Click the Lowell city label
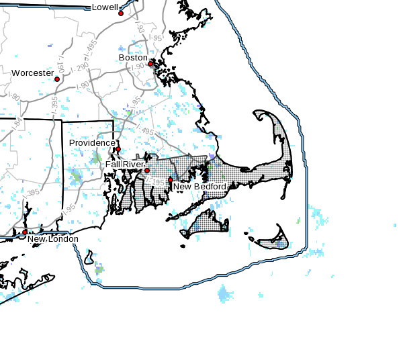coord(104,7)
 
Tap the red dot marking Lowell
coord(121,13)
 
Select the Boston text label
coord(132,58)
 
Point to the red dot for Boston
coord(150,64)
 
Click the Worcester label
coord(32,73)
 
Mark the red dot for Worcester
coord(57,79)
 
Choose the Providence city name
coord(92,143)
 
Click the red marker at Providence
coord(118,149)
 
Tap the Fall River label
coord(124,164)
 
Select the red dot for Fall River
coord(147,171)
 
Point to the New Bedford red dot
coord(171,180)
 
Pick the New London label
coord(52,239)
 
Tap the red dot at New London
coord(25,232)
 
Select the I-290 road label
coord(73,69)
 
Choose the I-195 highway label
coord(159,181)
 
